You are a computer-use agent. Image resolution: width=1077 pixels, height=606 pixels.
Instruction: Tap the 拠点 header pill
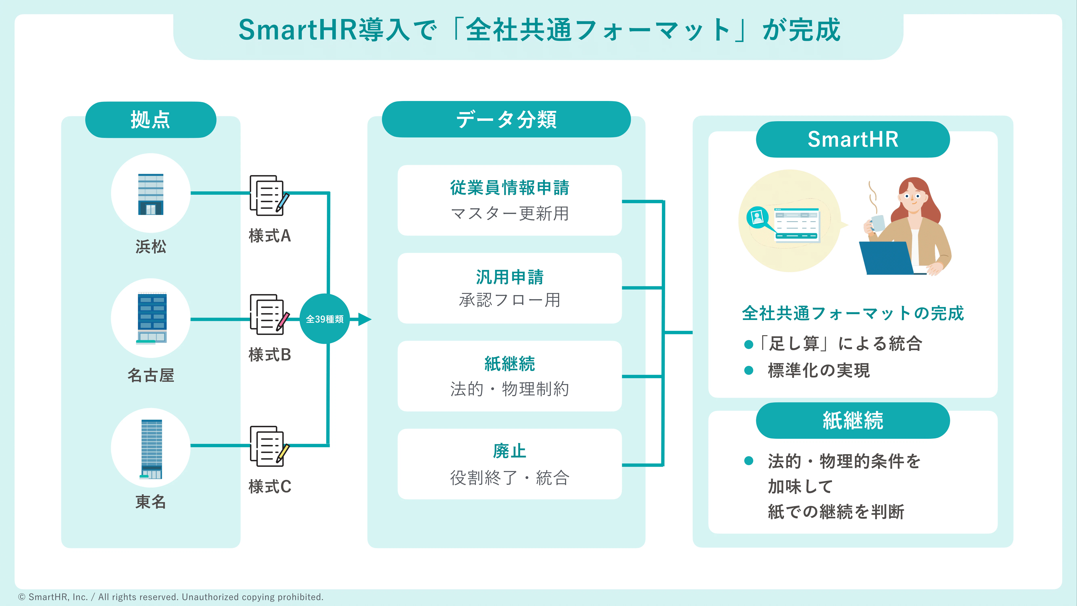point(150,120)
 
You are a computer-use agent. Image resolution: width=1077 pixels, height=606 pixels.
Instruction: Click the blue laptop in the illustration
point(886,258)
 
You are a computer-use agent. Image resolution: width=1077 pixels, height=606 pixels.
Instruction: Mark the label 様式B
point(270,355)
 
